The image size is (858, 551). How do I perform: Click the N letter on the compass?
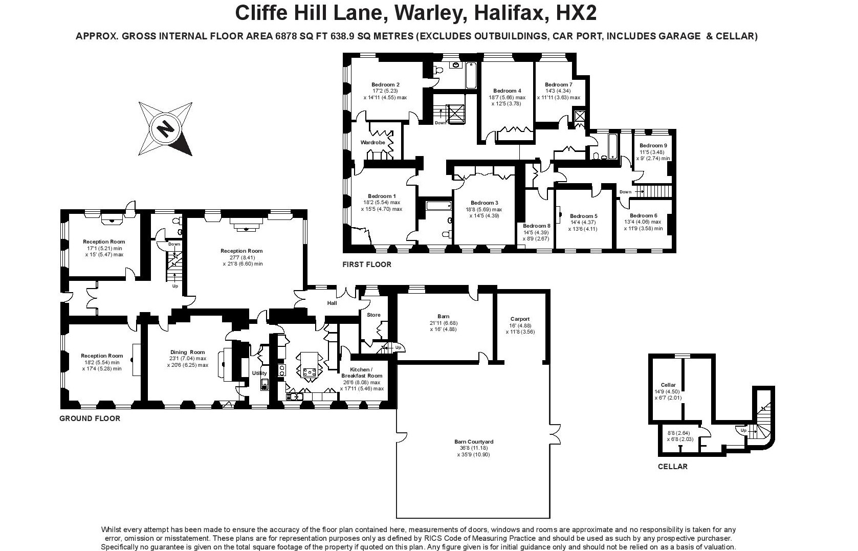(x=166, y=129)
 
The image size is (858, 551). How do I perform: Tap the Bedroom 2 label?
(x=385, y=84)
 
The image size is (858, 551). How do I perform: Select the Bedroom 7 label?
(x=559, y=84)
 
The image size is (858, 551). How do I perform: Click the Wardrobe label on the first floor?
(x=372, y=142)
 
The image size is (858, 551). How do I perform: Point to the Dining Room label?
(x=188, y=352)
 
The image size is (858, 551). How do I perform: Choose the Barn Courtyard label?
(x=474, y=442)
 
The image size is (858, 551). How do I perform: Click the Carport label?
(x=520, y=319)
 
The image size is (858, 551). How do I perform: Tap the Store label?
(x=373, y=315)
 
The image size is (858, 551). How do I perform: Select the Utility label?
(x=259, y=373)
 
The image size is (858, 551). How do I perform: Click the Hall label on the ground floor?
(x=332, y=303)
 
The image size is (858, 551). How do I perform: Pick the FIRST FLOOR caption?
(x=366, y=265)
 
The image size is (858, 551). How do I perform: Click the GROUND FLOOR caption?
(x=90, y=418)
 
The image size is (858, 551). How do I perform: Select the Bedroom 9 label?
(x=653, y=145)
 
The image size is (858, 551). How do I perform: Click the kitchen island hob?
(x=309, y=372)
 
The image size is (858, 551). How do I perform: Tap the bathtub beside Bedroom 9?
(x=613, y=146)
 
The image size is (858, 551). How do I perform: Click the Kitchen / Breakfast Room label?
(x=362, y=372)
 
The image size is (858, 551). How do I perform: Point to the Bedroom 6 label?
(x=643, y=215)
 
